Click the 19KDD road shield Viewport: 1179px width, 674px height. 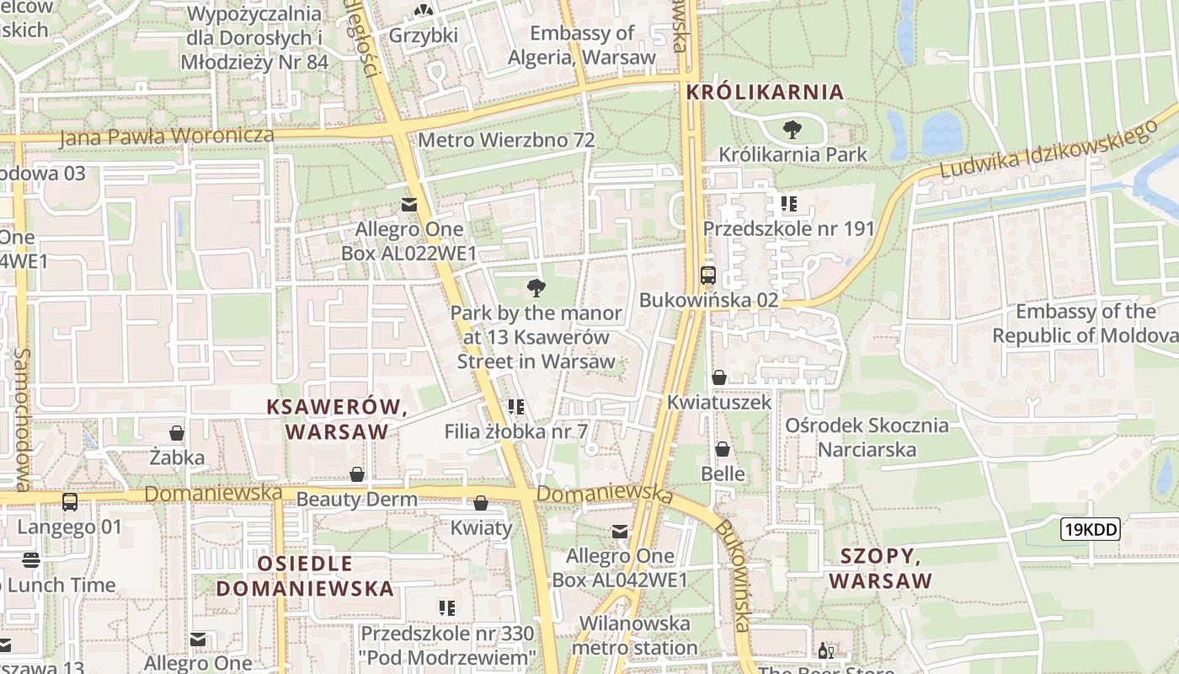coord(1090,529)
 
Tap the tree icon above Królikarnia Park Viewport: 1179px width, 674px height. coord(792,130)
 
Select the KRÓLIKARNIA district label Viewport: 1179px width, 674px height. coord(765,92)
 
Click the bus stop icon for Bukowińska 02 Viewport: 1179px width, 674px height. coord(708,275)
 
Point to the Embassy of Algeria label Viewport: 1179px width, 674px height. coord(582,45)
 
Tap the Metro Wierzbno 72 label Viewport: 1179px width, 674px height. coord(506,140)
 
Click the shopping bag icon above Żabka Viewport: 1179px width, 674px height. coord(177,433)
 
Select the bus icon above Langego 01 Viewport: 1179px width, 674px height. coord(70,502)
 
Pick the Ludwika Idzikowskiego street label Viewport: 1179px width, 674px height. coord(1048,152)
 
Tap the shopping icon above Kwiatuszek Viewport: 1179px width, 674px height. coord(719,377)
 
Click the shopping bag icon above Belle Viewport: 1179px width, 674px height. coord(723,449)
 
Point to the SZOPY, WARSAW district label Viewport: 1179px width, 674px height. coord(881,568)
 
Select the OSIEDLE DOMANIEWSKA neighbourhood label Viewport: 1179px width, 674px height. coord(305,575)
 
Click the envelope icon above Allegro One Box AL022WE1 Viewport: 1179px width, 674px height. coord(409,205)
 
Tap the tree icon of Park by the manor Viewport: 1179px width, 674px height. coord(536,288)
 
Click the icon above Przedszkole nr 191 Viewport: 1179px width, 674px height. coord(789,203)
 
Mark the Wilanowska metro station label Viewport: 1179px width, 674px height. coord(634,635)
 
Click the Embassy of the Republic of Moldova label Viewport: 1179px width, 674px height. coord(1085,324)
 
